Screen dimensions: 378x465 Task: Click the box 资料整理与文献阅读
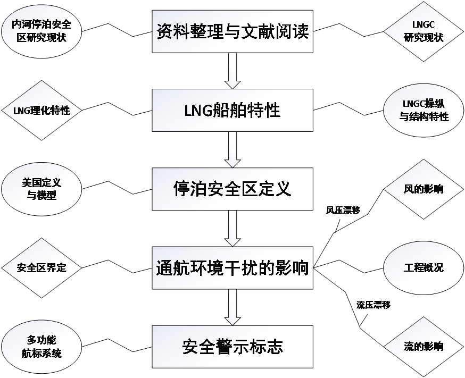pyautogui.click(x=232, y=31)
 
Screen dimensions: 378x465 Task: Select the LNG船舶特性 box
pyautogui.click(x=232, y=110)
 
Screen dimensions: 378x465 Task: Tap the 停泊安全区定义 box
pyautogui.click(x=232, y=189)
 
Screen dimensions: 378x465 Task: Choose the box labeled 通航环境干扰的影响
pyautogui.click(x=232, y=267)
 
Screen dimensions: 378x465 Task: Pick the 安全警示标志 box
pyautogui.click(x=232, y=346)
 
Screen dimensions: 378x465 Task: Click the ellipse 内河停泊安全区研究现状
pyautogui.click(x=41, y=31)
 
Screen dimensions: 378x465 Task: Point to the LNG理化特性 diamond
pyautogui.click(x=41, y=111)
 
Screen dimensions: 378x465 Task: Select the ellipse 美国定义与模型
pyautogui.click(x=41, y=189)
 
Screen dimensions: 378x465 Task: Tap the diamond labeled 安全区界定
pyautogui.click(x=41, y=267)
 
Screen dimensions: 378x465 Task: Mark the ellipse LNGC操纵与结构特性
pyautogui.click(x=424, y=111)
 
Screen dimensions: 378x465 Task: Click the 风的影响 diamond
pyautogui.click(x=423, y=189)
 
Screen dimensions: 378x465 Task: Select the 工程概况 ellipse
pyautogui.click(x=424, y=267)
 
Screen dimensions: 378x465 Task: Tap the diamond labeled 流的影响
pyautogui.click(x=423, y=346)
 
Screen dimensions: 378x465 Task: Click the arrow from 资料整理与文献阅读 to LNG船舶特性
pyautogui.click(x=232, y=71)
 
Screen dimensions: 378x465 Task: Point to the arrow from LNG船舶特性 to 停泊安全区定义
pyautogui.click(x=232, y=149)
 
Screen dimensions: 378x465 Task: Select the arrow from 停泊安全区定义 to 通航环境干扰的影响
pyautogui.click(x=232, y=228)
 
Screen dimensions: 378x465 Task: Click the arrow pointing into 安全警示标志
pyautogui.click(x=232, y=307)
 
